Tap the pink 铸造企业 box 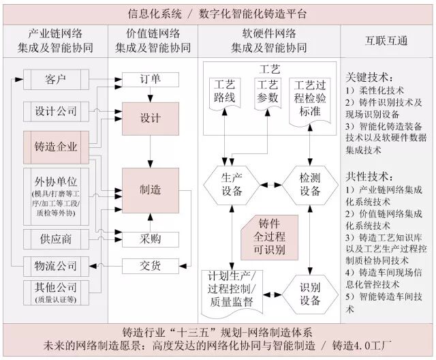pyautogui.click(x=56, y=147)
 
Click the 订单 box pyautogui.click(x=150, y=79)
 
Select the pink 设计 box pyautogui.click(x=150, y=118)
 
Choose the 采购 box pyautogui.click(x=150, y=239)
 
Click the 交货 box pyautogui.click(x=150, y=265)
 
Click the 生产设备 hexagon pyautogui.click(x=232, y=184)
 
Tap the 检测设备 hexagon pyautogui.click(x=310, y=184)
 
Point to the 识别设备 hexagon pyautogui.click(x=310, y=294)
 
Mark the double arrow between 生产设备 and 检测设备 pyautogui.click(x=271, y=184)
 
